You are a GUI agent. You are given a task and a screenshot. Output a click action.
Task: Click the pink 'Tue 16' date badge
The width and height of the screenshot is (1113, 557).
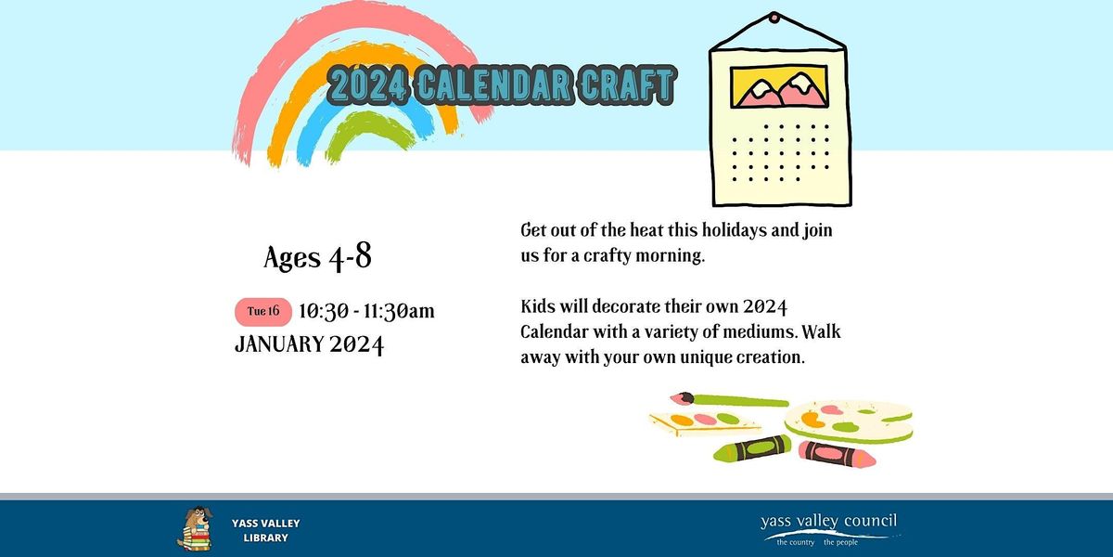click(264, 312)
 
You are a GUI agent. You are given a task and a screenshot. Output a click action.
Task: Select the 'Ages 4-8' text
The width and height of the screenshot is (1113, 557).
click(317, 257)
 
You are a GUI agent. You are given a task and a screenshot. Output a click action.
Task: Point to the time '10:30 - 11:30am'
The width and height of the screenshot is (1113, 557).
click(366, 311)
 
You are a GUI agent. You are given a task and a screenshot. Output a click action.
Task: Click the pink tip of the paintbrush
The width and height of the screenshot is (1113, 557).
click(681, 398)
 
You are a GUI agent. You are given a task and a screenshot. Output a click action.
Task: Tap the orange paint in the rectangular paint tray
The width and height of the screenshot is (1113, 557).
click(683, 421)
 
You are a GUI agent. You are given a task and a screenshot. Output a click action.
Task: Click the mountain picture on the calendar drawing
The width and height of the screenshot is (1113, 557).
click(779, 86)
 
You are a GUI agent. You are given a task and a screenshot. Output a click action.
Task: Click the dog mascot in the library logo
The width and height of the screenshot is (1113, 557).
click(193, 529)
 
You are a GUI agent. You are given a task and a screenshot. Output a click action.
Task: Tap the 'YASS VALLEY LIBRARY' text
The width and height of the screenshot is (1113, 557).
click(265, 530)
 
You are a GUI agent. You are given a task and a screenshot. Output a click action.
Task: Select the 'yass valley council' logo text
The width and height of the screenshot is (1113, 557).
click(828, 523)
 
